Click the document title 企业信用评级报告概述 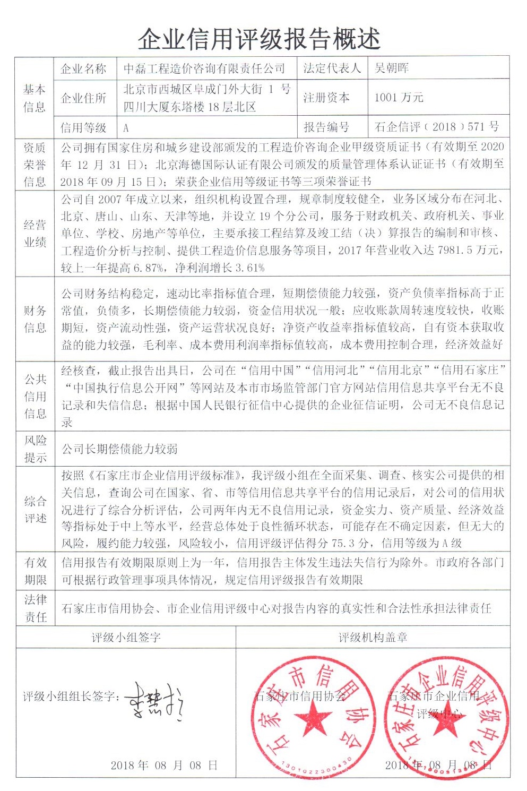pyautogui.click(x=259, y=39)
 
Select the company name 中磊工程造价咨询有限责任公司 pyautogui.click(x=204, y=68)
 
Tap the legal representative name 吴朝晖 pyautogui.click(x=392, y=68)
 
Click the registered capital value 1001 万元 pyautogui.click(x=399, y=97)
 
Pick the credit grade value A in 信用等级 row pyautogui.click(x=126, y=128)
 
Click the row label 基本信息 pyautogui.click(x=34, y=98)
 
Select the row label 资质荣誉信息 pyautogui.click(x=34, y=164)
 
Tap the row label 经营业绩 pyautogui.click(x=34, y=234)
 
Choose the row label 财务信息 pyautogui.click(x=34, y=319)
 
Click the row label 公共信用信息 pyautogui.click(x=34, y=396)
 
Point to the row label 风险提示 pyautogui.click(x=34, y=449)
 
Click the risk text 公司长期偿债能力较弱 pyautogui.click(x=119, y=449)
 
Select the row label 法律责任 pyautogui.click(x=34, y=608)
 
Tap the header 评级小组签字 pyautogui.click(x=126, y=638)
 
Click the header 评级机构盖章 pyautogui.click(x=373, y=638)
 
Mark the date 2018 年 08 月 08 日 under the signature pyautogui.click(x=164, y=765)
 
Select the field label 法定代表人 pyautogui.click(x=332, y=68)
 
